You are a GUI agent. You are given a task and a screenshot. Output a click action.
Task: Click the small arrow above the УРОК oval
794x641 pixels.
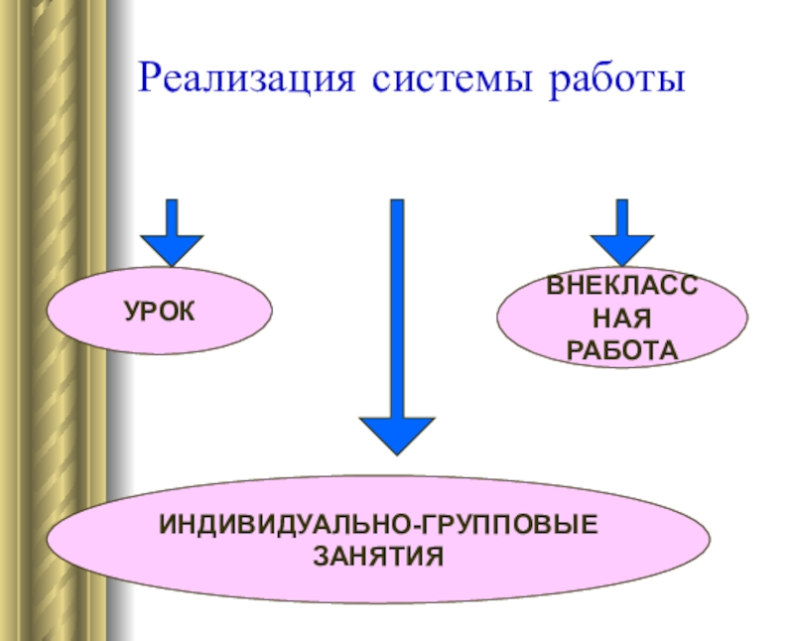click(172, 231)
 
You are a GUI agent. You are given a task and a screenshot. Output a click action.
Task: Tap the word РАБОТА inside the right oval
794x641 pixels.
click(622, 349)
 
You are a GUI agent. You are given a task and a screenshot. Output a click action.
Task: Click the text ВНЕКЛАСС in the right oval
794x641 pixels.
click(622, 287)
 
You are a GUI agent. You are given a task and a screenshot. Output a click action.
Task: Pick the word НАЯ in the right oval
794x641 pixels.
click(622, 318)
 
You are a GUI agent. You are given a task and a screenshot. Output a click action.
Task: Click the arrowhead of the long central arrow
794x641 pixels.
click(397, 435)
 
